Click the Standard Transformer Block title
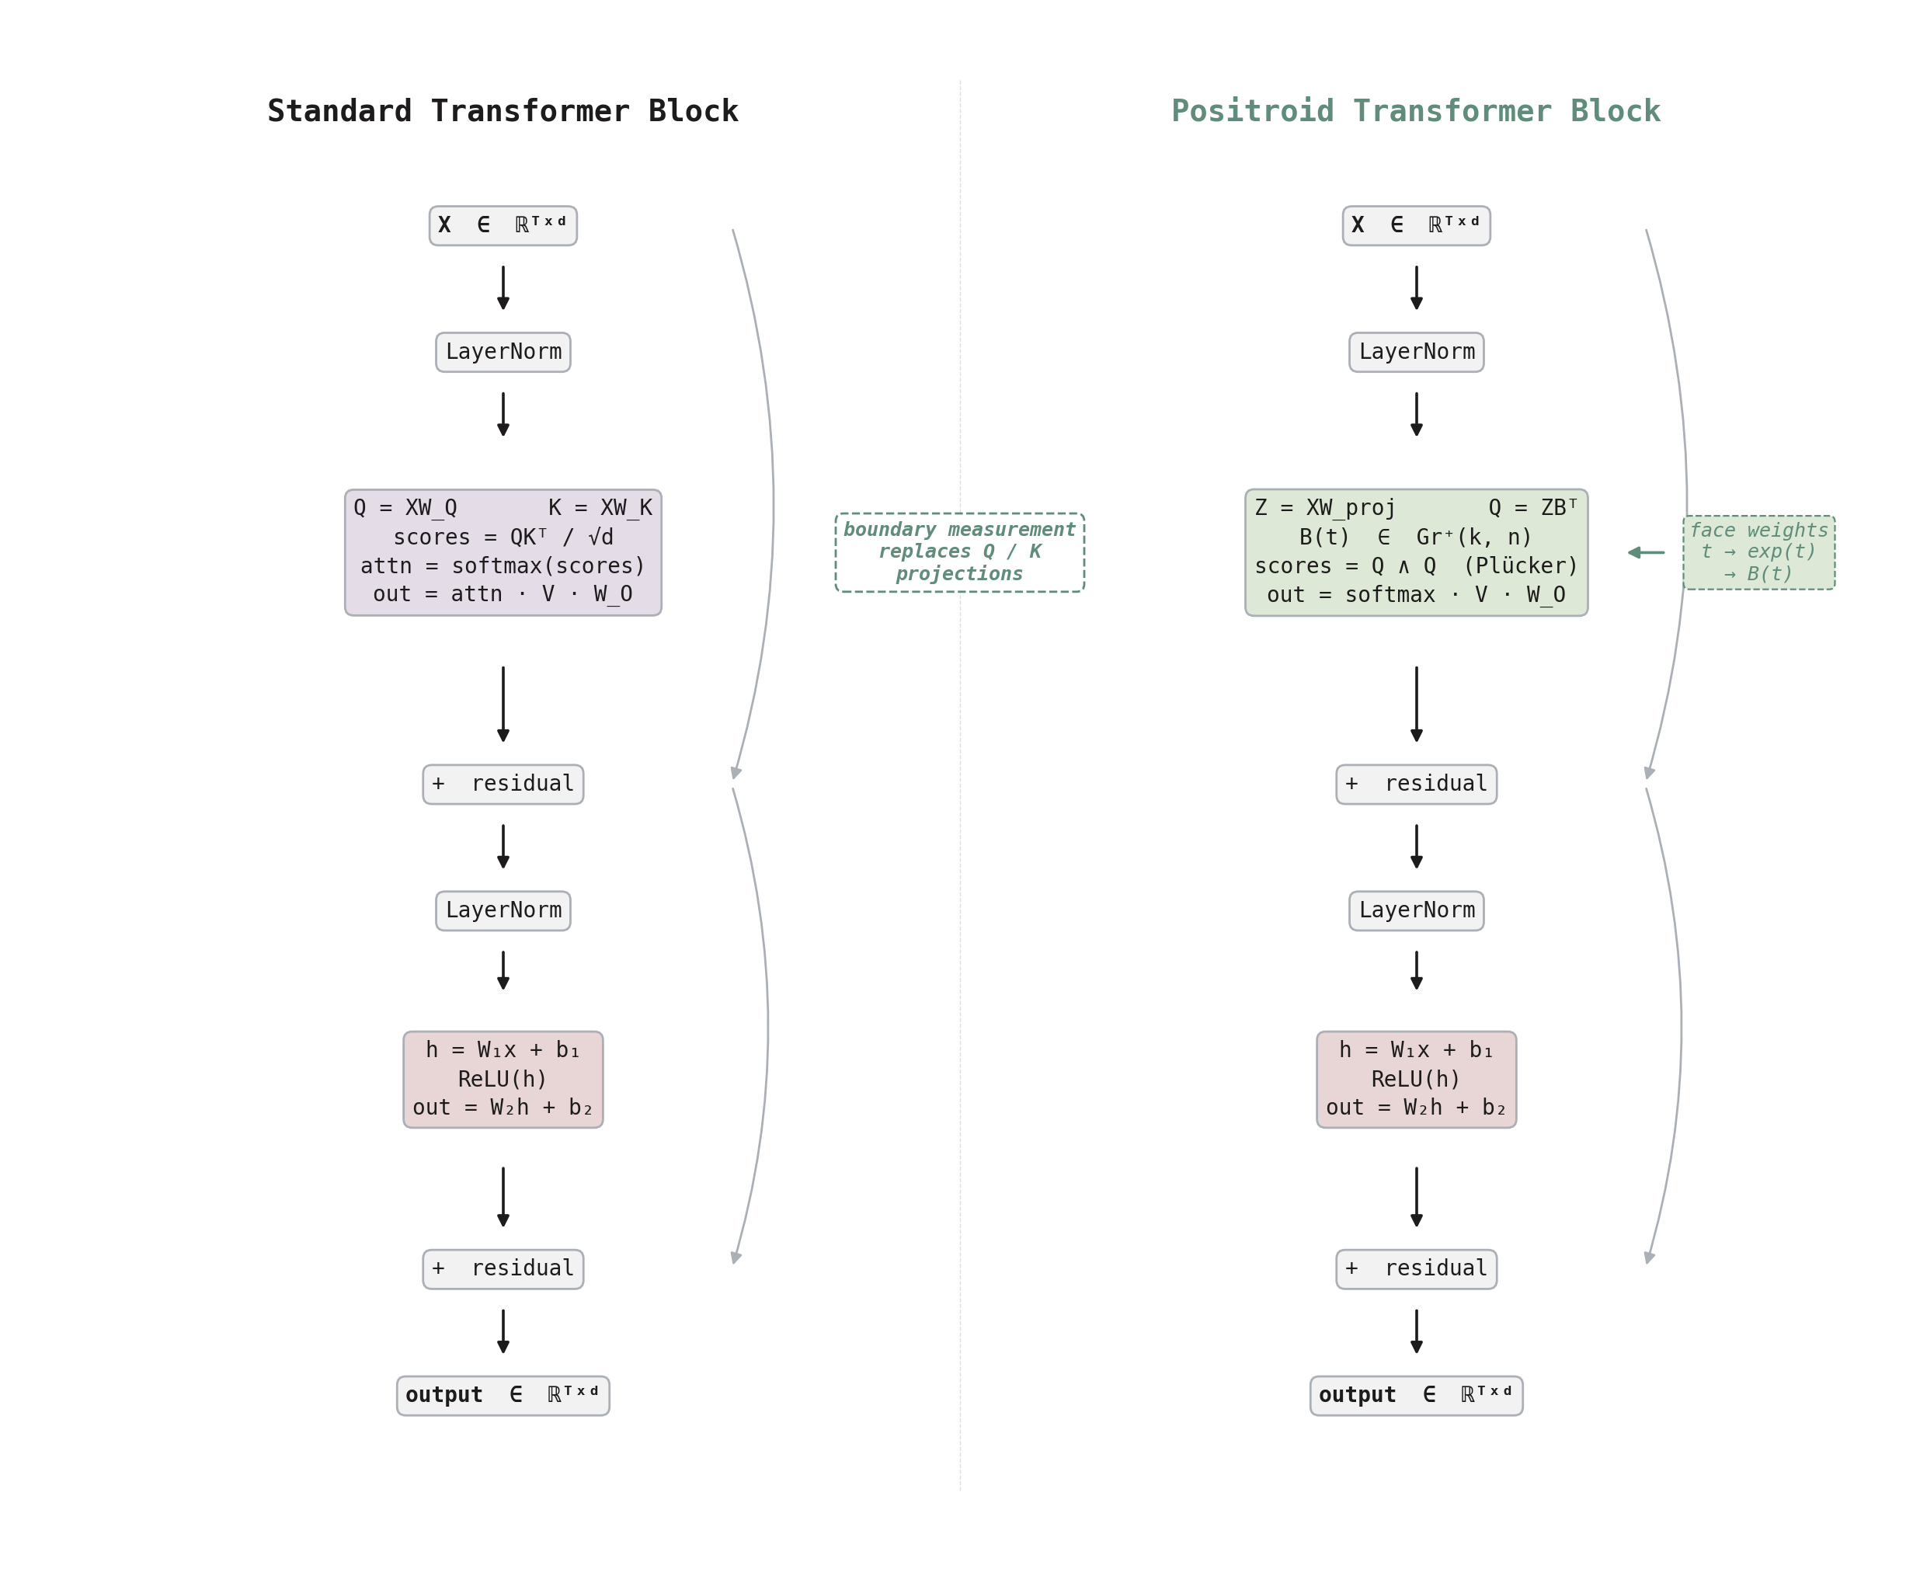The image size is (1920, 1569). click(x=503, y=111)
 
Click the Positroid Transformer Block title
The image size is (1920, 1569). click(x=1415, y=111)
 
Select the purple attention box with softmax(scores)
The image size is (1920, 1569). click(x=503, y=552)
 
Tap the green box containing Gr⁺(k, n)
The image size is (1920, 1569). click(x=1415, y=552)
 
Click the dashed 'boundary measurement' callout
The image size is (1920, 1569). click(x=959, y=552)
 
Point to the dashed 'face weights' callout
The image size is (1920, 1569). click(x=1758, y=552)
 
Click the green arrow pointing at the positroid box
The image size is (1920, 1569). click(x=1647, y=552)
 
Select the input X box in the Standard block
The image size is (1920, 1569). click(x=503, y=226)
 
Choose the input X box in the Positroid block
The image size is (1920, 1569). click(x=1416, y=226)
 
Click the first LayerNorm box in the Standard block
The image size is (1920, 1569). click(x=503, y=352)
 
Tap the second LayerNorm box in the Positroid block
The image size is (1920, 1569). click(x=1416, y=910)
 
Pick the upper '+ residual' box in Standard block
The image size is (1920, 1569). click(x=503, y=784)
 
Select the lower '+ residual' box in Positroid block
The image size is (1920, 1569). click(x=1416, y=1269)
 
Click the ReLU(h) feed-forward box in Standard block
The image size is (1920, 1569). click(x=503, y=1079)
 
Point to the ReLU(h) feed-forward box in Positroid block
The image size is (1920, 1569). click(x=1416, y=1079)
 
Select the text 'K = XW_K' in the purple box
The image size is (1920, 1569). click(x=600, y=508)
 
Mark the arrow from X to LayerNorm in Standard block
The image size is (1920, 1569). click(x=503, y=287)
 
